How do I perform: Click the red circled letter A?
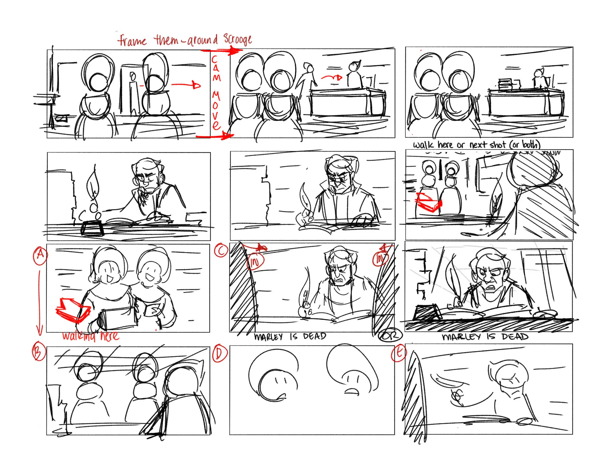click(x=40, y=256)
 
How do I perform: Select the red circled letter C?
click(x=221, y=251)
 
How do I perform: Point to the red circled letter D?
click(x=219, y=354)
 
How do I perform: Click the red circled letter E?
click(x=399, y=352)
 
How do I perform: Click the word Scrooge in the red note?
click(x=237, y=39)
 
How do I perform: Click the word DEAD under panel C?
click(x=314, y=336)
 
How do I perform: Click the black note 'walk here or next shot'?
click(x=477, y=145)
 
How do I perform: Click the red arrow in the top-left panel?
click(x=186, y=85)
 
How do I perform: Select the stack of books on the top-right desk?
click(x=506, y=84)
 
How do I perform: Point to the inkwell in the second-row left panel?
click(x=92, y=229)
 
